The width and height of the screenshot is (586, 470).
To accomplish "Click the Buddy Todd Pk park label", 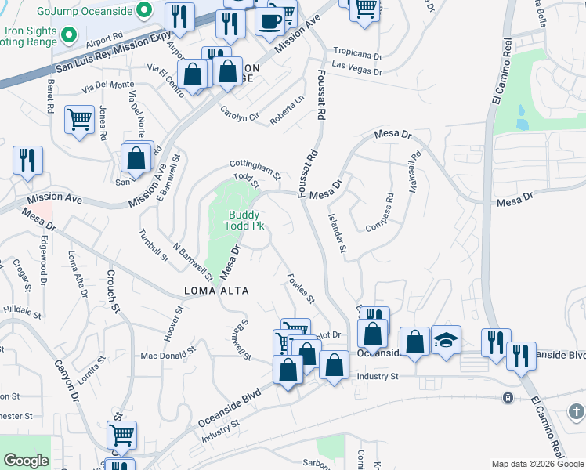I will click(x=244, y=220).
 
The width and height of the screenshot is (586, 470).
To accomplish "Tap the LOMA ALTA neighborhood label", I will click(x=216, y=291).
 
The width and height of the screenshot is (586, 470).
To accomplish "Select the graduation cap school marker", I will click(x=446, y=340).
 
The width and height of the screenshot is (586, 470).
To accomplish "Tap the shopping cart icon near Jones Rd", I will click(x=79, y=120).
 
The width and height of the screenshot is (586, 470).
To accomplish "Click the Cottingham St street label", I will click(x=255, y=168).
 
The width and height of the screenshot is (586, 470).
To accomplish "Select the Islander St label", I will click(x=338, y=233).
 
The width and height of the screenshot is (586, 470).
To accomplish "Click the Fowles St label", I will click(x=301, y=288).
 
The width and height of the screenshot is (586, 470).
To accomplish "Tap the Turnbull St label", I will click(x=154, y=245).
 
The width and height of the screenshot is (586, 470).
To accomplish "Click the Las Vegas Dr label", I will click(x=356, y=68).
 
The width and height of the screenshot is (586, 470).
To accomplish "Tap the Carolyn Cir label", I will click(x=239, y=114).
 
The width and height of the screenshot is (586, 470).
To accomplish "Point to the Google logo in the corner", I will click(x=26, y=461).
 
